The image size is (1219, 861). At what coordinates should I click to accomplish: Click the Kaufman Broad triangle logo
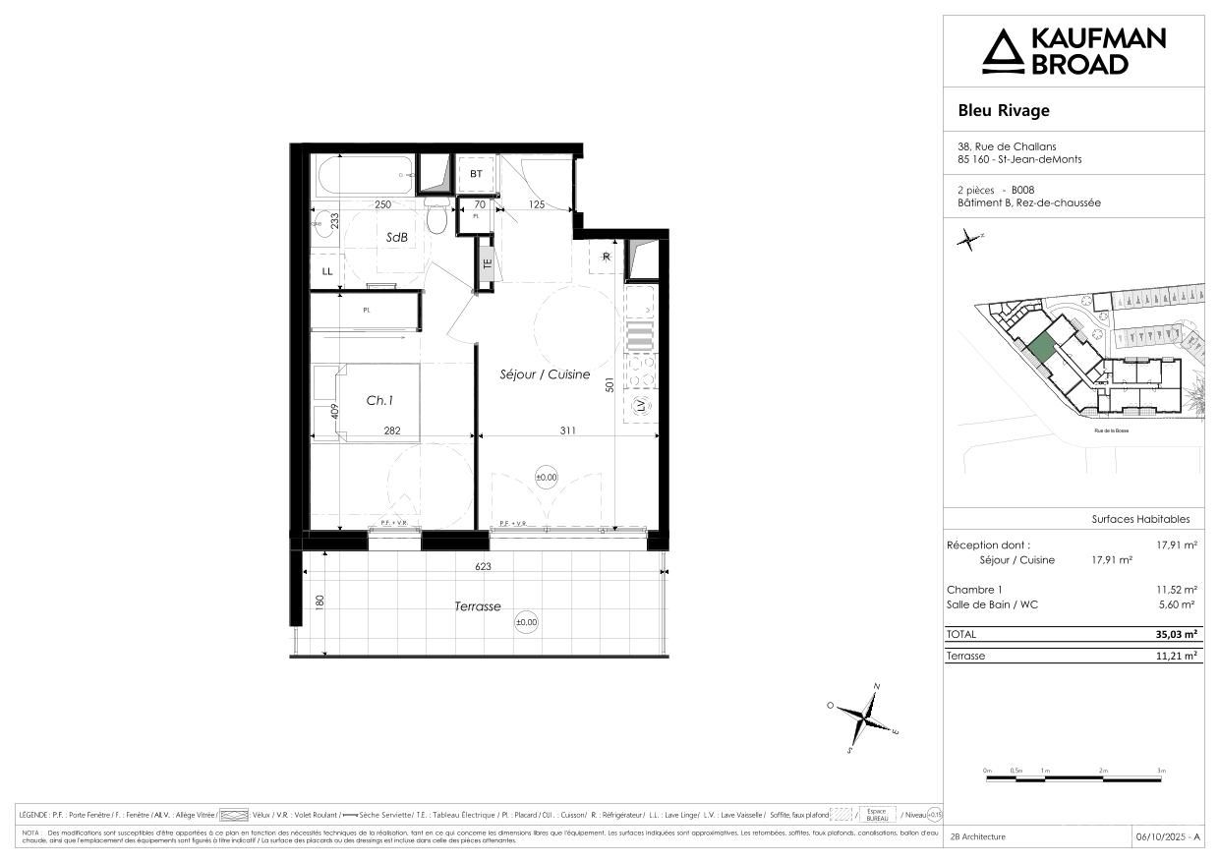point(1003,51)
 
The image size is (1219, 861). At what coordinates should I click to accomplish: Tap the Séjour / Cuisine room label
point(544,374)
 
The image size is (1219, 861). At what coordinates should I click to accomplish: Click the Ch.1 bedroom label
point(379,401)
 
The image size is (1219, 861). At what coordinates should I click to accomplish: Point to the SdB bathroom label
point(397,237)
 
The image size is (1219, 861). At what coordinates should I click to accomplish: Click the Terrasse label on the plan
point(478,606)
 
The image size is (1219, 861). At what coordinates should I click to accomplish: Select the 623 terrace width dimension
point(483,566)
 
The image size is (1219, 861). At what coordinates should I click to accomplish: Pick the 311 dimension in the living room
point(567,430)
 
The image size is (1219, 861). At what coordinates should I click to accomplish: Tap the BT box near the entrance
point(476,174)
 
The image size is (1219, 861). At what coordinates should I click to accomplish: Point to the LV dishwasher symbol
point(641,406)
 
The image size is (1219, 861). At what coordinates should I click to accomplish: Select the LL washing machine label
point(326,270)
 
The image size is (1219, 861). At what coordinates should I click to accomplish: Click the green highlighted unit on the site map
point(1042,346)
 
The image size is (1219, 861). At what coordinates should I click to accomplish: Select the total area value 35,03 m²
point(1176,635)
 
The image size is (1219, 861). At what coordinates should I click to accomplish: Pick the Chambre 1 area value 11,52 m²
point(1176,590)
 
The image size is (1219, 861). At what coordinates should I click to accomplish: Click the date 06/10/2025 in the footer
point(1167,836)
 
